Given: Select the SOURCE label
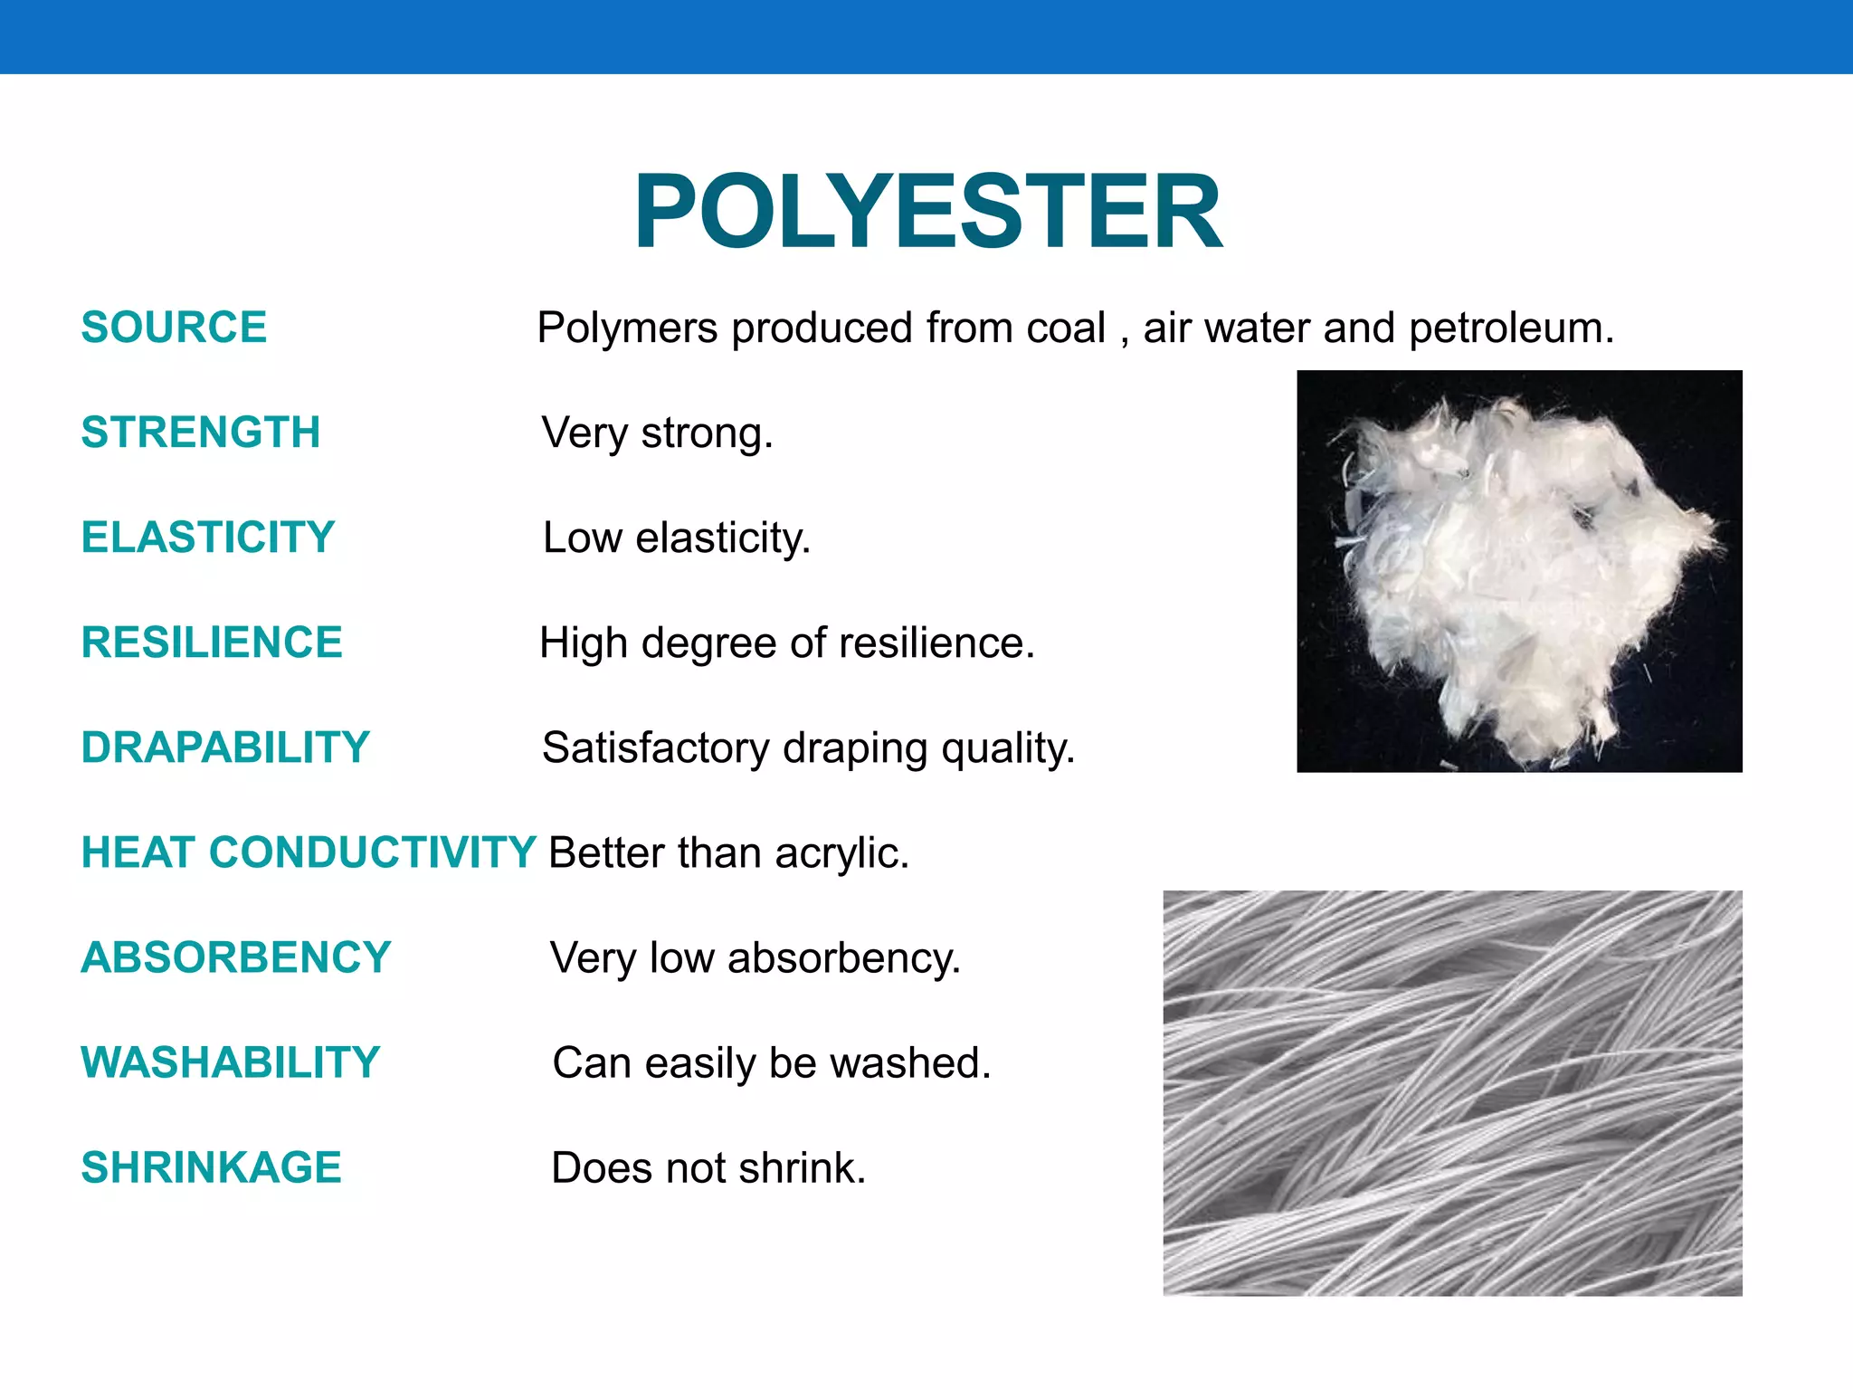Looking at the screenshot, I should pyautogui.click(x=174, y=327).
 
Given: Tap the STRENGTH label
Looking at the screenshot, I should pyautogui.click(x=200, y=432).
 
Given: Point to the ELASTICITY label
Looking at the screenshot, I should pyautogui.click(x=207, y=537).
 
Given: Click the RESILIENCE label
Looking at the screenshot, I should pyautogui.click(x=212, y=643).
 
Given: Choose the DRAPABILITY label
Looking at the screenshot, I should pyautogui.click(x=225, y=747).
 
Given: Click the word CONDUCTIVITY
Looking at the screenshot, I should pyautogui.click(x=373, y=852).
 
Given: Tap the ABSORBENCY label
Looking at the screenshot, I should pyautogui.click(x=235, y=957).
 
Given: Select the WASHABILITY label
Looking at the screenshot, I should pyautogui.click(x=230, y=1062).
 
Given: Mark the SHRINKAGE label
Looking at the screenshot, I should pyautogui.click(x=211, y=1167).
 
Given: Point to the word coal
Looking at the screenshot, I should pyautogui.click(x=1066, y=328).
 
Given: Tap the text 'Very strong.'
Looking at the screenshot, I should pyautogui.click(x=657, y=433).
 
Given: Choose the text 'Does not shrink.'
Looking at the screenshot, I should pyautogui.click(x=708, y=1168).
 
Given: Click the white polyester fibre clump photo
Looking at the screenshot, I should pyautogui.click(x=1519, y=571).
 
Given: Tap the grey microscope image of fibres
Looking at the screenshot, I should pyautogui.click(x=1452, y=1092).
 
